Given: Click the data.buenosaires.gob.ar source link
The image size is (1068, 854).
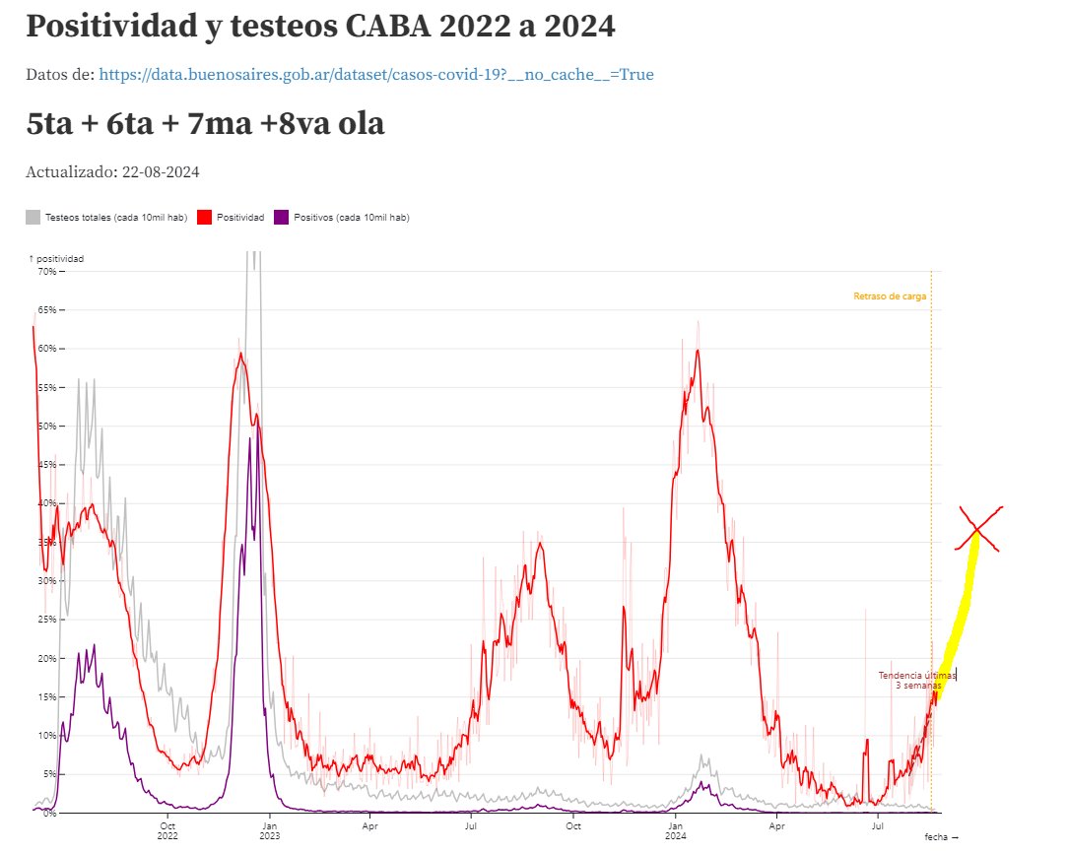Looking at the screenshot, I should coord(376,74).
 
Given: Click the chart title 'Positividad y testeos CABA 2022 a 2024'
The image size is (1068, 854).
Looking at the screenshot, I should coord(321,27).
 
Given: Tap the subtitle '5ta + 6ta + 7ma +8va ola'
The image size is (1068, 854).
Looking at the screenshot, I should coord(205,124).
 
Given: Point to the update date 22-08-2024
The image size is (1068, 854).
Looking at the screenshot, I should coord(161,172).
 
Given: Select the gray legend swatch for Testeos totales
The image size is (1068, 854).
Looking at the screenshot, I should coord(33,217).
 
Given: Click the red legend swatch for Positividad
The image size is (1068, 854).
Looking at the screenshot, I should coord(206,217).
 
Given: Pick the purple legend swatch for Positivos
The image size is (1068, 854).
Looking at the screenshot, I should coord(281,217).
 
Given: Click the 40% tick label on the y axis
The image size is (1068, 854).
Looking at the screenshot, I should coord(45,503).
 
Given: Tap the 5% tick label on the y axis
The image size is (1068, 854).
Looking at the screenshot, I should coord(47,774).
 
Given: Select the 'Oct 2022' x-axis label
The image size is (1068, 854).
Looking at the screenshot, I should coord(168,830).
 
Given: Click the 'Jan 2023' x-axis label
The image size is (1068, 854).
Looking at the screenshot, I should coord(269,830).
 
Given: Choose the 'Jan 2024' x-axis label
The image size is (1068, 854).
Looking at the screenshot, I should coord(676,830).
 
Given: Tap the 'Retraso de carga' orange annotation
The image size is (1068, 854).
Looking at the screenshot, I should coord(890,296).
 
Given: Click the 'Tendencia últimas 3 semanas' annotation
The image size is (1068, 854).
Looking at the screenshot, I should coord(916,681).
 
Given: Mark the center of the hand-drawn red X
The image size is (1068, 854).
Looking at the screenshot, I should coord(977,530).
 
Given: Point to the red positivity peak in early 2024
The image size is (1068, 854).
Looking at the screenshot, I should coord(697,351).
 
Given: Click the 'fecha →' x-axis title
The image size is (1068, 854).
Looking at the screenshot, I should coord(941,836).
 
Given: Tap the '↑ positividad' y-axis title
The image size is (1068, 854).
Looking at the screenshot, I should coord(56,258).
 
